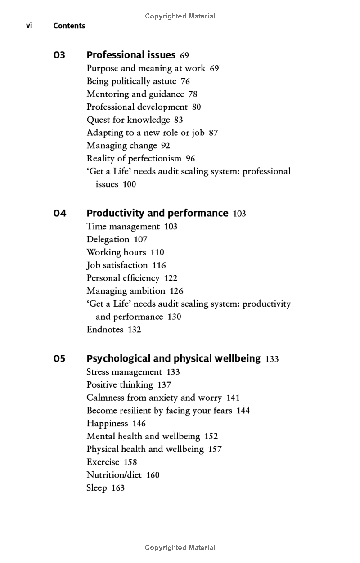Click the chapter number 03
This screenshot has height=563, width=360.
(x=59, y=55)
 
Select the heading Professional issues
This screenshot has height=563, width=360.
(x=130, y=55)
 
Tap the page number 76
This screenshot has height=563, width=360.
(x=185, y=81)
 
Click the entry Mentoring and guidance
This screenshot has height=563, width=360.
(x=135, y=94)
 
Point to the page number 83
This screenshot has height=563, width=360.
(x=179, y=120)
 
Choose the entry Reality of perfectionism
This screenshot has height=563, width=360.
(x=134, y=158)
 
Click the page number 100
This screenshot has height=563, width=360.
(x=129, y=184)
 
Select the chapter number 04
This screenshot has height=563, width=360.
(x=59, y=213)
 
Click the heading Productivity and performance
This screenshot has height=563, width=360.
(x=157, y=213)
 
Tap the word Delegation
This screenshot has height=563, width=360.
(x=108, y=240)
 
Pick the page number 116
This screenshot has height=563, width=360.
(x=159, y=265)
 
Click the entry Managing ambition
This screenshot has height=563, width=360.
(x=126, y=291)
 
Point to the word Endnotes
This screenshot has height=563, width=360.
(x=105, y=330)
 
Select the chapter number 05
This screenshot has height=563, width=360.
(x=59, y=359)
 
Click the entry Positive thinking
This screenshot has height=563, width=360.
(x=120, y=385)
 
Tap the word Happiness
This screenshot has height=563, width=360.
(x=107, y=424)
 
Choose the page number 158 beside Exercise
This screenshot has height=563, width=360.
(x=130, y=462)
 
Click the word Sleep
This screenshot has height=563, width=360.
(x=96, y=488)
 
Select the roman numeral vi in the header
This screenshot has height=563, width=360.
(x=29, y=26)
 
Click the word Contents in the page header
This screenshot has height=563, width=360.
(x=69, y=26)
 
